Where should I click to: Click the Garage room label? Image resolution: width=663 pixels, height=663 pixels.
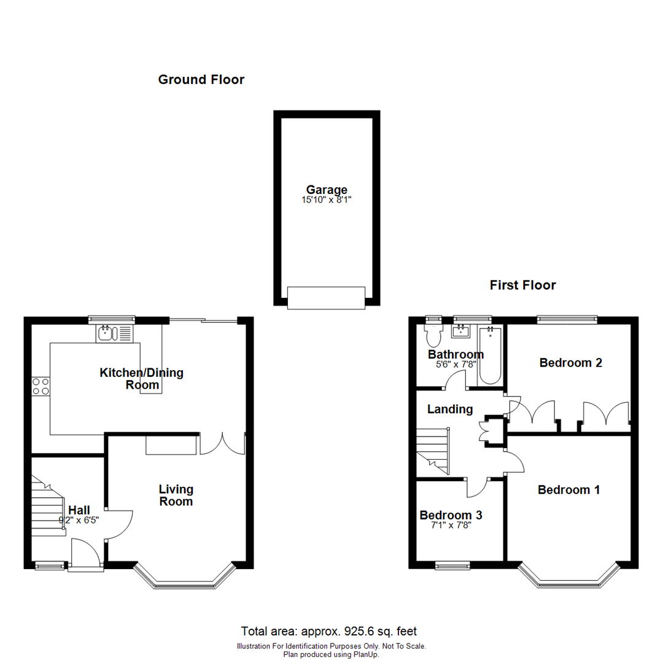coord(327,190)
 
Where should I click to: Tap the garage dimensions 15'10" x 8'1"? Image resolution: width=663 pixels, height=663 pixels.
coord(327,200)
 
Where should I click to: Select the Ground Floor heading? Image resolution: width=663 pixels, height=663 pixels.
coord(201,80)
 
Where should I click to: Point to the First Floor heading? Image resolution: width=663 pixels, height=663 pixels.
coord(523,285)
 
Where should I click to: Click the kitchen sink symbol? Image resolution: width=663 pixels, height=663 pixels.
coord(114,333)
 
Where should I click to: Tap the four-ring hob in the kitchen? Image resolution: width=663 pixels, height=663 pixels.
coord(41,386)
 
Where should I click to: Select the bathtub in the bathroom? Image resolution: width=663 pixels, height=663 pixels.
coord(490,356)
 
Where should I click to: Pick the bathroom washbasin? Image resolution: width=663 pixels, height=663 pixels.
coord(460,332)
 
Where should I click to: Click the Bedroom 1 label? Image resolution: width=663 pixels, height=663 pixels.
coord(568,490)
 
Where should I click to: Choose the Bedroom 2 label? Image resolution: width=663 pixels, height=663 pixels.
coord(570,363)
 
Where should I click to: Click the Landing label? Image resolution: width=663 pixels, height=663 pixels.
coord(450,409)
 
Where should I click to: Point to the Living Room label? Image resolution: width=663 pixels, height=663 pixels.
coord(176,495)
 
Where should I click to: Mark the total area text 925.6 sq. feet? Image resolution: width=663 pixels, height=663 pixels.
coord(330,631)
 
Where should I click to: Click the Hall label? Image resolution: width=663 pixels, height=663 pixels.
coord(79,510)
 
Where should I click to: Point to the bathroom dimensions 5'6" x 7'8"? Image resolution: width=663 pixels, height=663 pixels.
coord(455,364)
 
